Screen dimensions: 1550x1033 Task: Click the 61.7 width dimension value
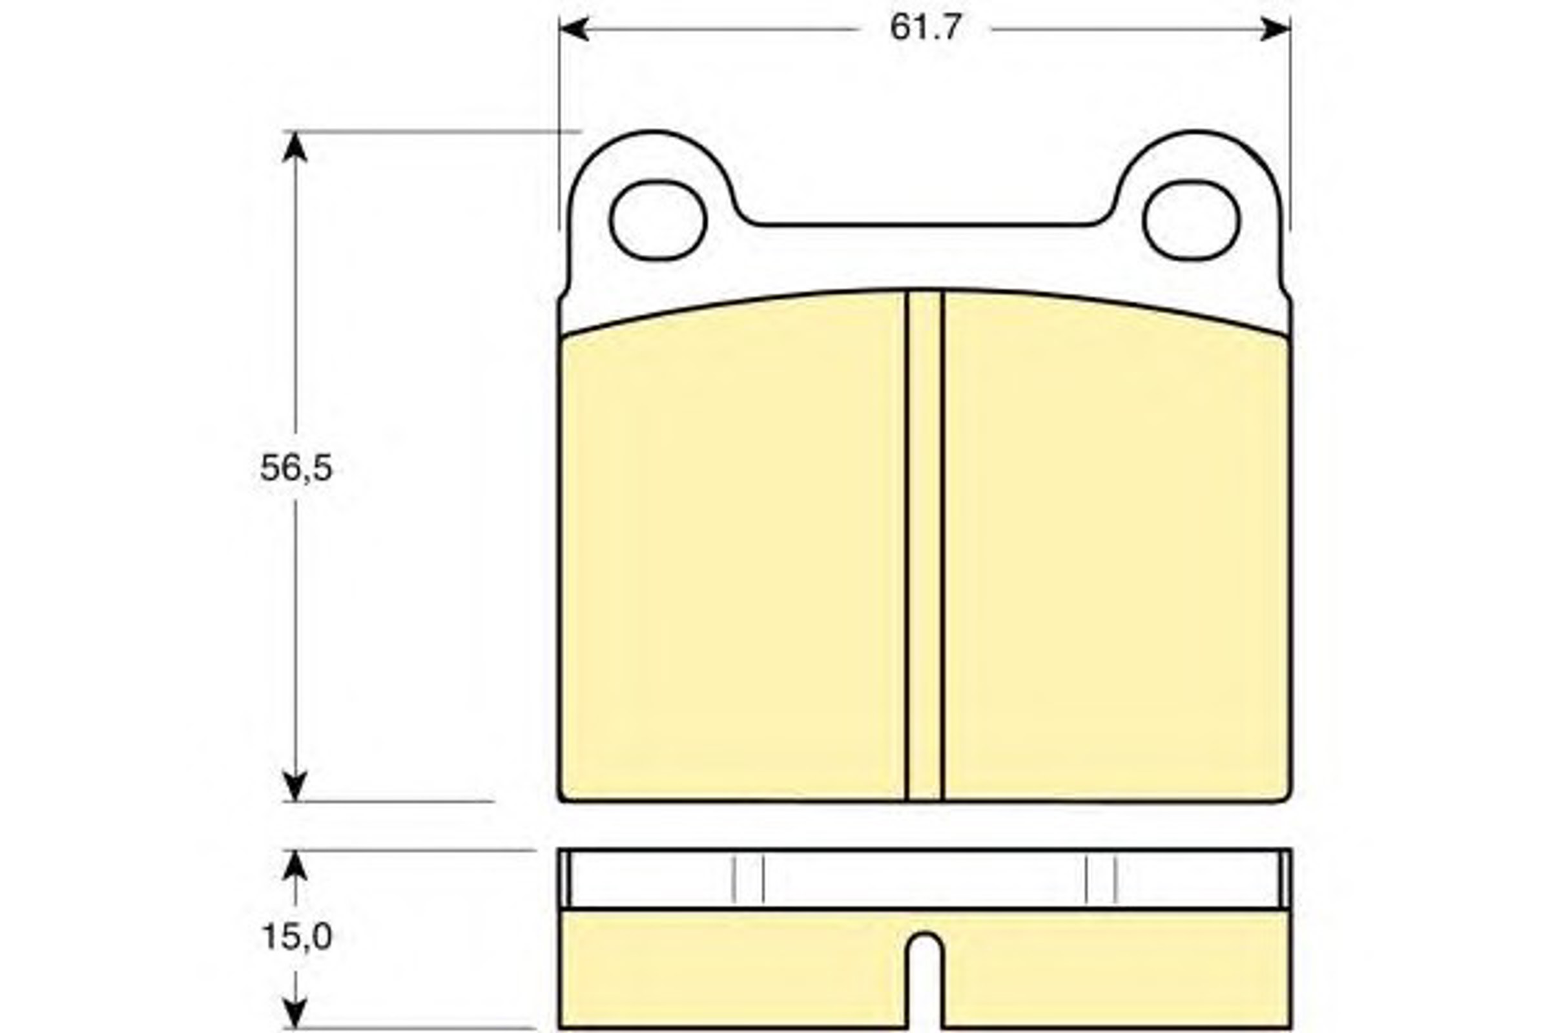[x=926, y=28]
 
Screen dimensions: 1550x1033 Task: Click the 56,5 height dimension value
[x=296, y=469]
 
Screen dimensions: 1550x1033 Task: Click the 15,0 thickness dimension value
[x=296, y=937]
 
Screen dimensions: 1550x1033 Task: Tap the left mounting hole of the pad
[x=657, y=220]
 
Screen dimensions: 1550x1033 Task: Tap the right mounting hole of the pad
[x=1191, y=220]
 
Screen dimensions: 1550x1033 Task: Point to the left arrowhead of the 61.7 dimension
[x=574, y=29]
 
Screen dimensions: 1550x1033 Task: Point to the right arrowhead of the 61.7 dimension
[x=1275, y=29]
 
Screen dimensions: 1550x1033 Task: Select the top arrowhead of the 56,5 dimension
[x=294, y=147]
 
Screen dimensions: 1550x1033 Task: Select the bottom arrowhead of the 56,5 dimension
[x=294, y=786]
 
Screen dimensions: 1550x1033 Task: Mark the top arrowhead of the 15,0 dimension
[x=294, y=865]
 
